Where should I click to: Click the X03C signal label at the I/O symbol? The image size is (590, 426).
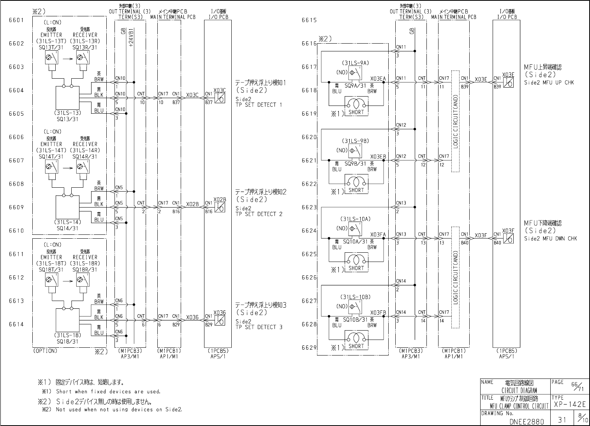220,90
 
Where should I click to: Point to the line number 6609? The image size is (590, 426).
16,207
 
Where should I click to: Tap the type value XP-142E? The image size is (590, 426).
569,405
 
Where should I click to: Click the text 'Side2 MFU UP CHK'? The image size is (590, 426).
549,83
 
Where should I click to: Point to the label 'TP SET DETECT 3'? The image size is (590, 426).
259,327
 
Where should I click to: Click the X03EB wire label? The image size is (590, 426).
378,157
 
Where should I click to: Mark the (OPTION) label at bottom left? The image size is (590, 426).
45,350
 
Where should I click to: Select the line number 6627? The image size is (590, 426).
309,301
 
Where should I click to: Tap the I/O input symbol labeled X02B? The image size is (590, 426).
220,208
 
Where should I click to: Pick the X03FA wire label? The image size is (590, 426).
378,234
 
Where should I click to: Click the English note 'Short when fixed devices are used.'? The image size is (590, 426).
108,391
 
